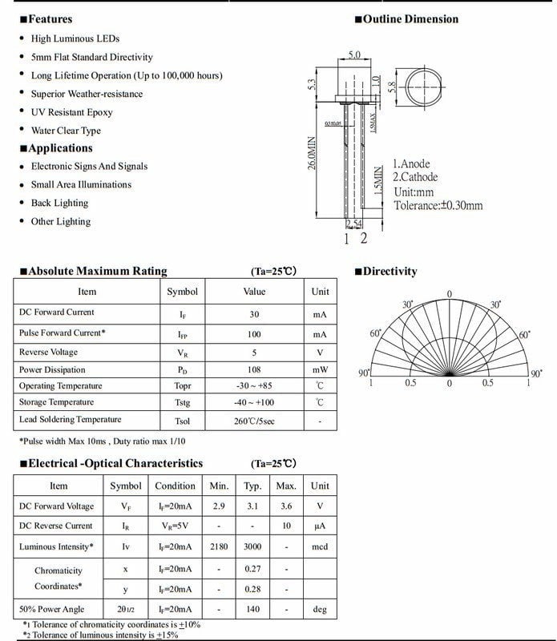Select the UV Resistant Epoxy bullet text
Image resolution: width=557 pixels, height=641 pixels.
71,112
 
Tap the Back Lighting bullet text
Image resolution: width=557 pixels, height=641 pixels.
59,203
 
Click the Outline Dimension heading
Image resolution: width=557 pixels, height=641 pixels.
410,19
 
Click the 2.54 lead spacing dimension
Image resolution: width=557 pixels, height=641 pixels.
354,224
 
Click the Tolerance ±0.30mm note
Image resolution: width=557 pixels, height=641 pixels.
438,205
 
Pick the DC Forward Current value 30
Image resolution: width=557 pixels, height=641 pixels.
254,313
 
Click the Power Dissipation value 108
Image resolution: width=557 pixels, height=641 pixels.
254,370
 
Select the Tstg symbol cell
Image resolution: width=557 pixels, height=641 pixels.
182,402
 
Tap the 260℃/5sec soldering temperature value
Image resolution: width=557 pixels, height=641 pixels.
254,421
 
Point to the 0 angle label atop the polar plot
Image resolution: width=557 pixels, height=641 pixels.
449,294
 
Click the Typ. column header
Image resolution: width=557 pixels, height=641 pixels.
252,486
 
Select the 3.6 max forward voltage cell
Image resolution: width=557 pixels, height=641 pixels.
286,506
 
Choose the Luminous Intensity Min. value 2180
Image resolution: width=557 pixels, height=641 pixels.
219,546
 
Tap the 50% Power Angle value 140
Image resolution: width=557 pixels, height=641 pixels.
252,609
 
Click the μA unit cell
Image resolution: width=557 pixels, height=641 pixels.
320,526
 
